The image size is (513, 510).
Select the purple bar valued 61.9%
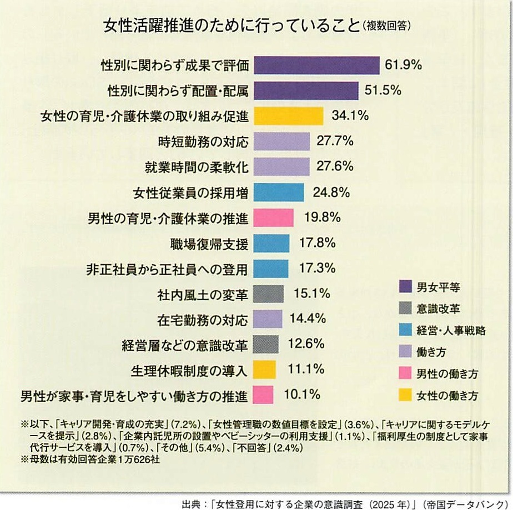click(316, 65)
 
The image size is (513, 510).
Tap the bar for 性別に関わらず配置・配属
click(306, 90)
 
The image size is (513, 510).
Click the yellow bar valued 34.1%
click(288, 116)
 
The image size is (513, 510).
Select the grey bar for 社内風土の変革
click(268, 294)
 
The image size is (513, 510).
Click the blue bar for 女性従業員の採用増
click(279, 192)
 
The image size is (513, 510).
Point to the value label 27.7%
click(335, 141)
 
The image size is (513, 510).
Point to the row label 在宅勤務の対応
click(203, 319)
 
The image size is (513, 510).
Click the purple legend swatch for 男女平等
click(405, 286)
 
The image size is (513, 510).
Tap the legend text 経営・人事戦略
click(451, 331)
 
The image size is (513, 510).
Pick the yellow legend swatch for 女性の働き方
click(405, 395)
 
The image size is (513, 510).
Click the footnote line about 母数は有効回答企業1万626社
click(92, 460)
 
